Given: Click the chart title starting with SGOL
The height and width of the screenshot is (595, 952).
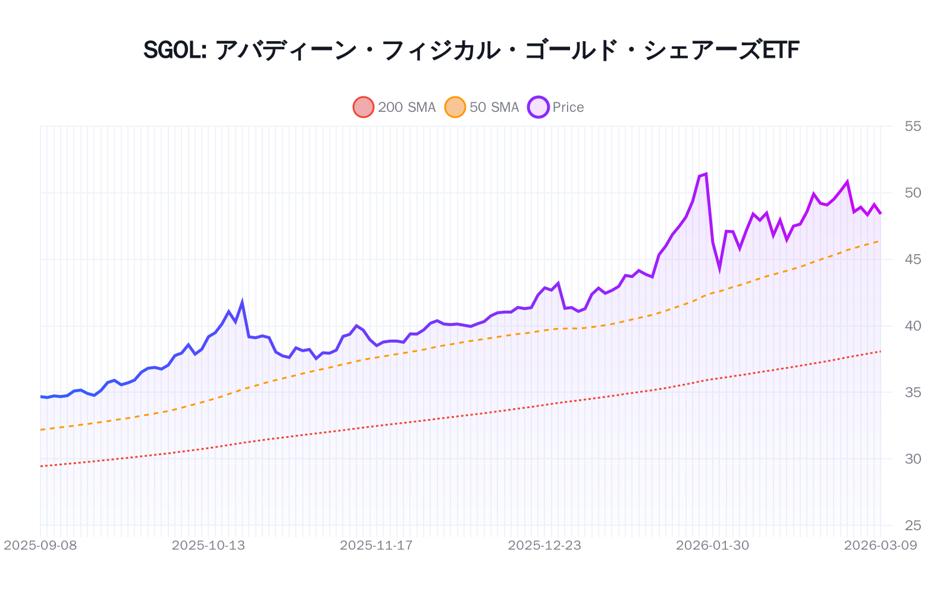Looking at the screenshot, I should [x=471, y=50].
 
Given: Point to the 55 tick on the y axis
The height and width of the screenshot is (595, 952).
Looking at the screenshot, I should [x=912, y=126].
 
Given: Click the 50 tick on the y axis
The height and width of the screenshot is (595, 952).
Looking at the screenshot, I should [x=912, y=193].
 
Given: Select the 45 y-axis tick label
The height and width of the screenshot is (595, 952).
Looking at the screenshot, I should [x=912, y=259].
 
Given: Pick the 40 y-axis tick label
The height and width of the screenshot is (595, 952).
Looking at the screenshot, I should [x=912, y=326].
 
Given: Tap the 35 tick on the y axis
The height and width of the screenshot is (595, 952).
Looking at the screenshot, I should [x=912, y=393].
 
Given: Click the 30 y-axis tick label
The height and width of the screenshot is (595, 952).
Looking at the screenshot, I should [x=912, y=459].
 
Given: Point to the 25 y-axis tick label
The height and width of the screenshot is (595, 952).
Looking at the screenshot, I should [x=912, y=525].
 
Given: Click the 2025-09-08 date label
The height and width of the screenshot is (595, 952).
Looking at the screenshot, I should [x=40, y=546].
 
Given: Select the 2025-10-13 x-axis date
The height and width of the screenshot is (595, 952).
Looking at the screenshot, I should [x=208, y=546].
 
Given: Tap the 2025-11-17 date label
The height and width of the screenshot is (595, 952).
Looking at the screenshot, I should [x=376, y=546].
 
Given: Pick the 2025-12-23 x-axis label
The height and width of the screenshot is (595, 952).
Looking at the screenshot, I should [x=544, y=546].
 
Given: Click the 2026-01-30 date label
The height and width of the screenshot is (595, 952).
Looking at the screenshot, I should [x=713, y=546].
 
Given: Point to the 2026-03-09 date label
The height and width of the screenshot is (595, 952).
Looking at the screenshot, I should [x=881, y=546].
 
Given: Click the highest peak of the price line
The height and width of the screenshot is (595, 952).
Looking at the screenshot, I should [x=706, y=174].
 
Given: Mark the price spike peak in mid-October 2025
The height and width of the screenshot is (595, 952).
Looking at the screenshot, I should [x=242, y=302].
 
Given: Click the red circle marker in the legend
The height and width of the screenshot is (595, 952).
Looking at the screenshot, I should [x=364, y=107].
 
